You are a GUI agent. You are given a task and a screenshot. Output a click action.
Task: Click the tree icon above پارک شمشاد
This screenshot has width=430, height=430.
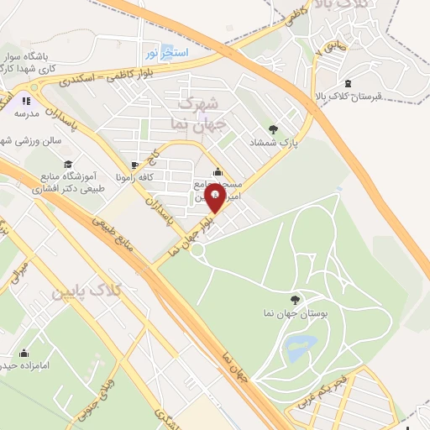tap(272, 128)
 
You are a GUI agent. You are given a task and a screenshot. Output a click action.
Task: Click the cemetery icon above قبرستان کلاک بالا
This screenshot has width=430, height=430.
tap(349, 81)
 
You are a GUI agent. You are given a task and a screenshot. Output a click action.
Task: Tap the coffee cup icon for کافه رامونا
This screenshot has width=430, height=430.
tap(136, 164)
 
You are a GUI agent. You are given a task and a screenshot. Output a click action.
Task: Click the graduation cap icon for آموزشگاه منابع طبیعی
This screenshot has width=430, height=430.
tap(68, 164)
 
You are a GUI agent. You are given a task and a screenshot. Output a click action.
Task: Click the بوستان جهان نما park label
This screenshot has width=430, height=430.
tap(296, 313)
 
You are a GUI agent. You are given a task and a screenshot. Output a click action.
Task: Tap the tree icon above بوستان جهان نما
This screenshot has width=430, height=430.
tap(295, 299)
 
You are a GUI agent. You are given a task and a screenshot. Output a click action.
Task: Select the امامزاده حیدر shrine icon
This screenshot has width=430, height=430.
tap(24, 353)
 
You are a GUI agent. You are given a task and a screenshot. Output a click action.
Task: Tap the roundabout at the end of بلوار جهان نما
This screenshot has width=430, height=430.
tap(197, 249)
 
